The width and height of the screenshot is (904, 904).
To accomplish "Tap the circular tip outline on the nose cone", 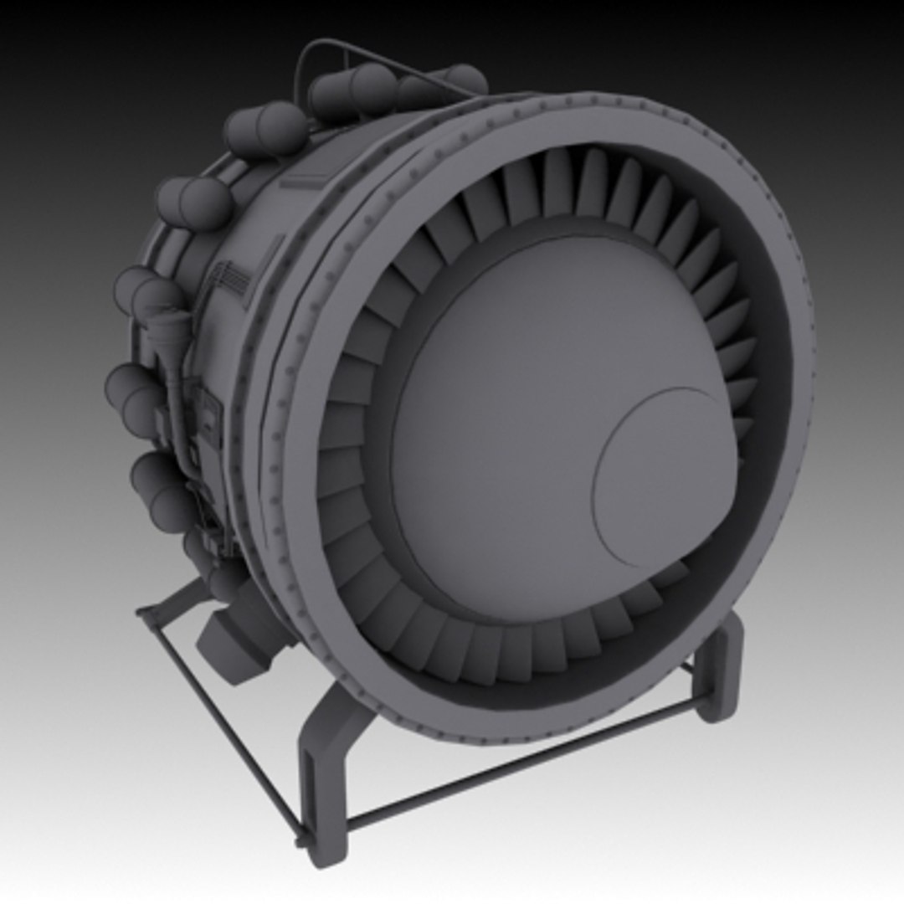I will pyautogui.click(x=665, y=477).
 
